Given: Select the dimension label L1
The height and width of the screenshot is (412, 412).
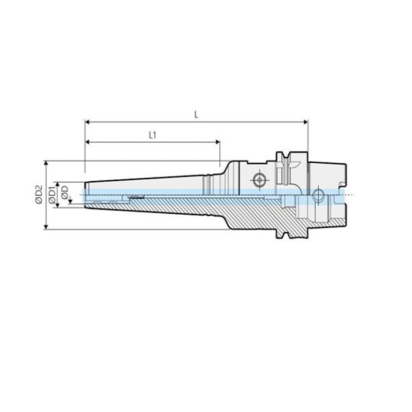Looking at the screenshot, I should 152,135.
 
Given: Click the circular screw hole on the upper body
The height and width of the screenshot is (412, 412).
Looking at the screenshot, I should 258,180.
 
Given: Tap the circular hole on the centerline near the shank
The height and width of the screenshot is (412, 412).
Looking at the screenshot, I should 317,195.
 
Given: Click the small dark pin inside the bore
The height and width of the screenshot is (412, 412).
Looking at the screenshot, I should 137,197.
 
